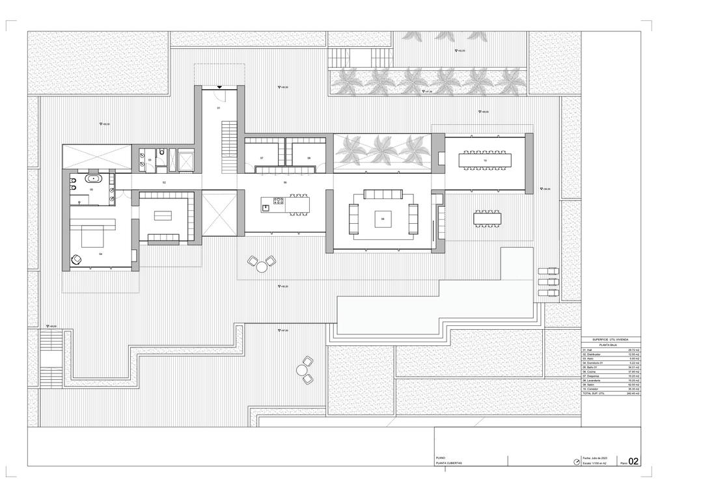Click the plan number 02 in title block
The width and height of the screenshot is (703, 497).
(633, 461)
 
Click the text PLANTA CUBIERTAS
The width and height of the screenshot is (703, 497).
(449, 463)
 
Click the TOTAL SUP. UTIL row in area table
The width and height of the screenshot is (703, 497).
(611, 394)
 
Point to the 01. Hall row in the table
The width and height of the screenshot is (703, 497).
(611, 349)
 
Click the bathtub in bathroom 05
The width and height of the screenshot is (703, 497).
(95, 178)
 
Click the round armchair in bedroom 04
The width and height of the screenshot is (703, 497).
(76, 260)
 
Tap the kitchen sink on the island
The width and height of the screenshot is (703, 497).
(266, 208)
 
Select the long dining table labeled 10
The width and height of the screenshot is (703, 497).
(484, 159)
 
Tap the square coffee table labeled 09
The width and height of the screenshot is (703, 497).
(383, 219)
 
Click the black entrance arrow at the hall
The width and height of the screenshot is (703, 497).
(219, 87)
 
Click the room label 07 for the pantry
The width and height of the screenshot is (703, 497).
(262, 158)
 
